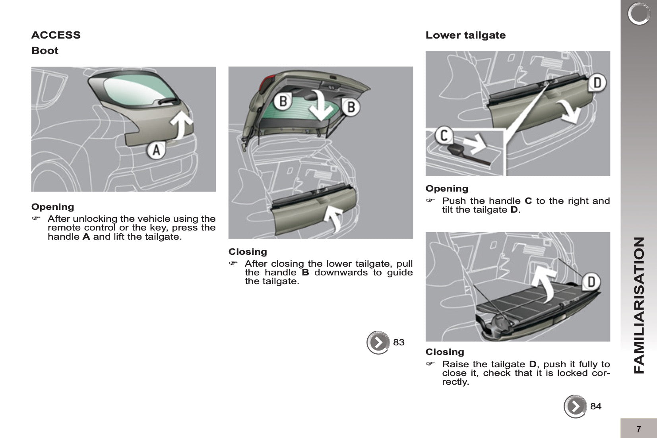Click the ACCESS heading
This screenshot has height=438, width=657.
56,35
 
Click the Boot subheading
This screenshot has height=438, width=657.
45,50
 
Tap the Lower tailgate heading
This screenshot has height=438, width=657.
465,35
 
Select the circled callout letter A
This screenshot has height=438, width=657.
157,151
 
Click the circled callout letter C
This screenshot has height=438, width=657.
444,136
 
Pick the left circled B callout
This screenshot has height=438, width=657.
283,101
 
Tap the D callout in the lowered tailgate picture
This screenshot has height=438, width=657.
591,281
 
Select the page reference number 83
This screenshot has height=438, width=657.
399,342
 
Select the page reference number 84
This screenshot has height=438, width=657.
596,406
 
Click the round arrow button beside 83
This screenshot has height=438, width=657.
378,342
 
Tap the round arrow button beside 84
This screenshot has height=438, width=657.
575,406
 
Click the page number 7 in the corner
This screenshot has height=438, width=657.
639,429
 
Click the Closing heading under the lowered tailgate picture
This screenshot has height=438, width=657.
445,352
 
